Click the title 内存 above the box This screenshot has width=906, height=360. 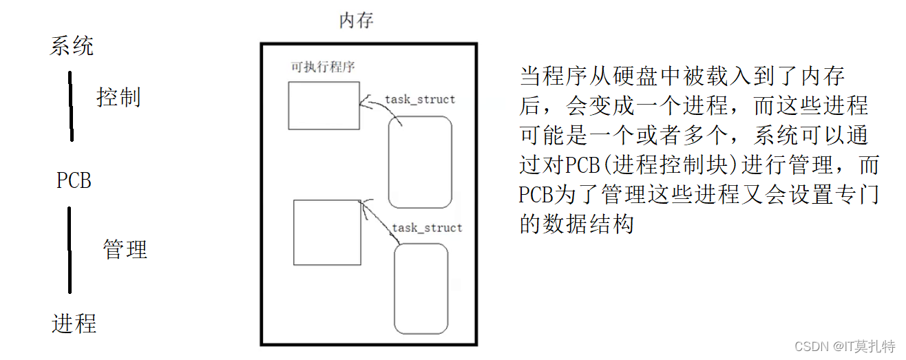(356, 21)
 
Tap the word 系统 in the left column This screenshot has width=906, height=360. (72, 46)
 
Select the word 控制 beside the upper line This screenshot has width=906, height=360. (118, 98)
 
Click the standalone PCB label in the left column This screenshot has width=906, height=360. (74, 181)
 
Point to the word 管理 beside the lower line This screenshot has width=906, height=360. (125, 248)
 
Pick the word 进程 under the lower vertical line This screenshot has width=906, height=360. (74, 323)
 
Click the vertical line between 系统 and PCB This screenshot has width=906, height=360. (70, 107)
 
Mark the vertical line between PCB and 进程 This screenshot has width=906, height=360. (70, 250)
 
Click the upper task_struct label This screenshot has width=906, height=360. (420, 99)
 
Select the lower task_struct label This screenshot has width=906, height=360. (427, 227)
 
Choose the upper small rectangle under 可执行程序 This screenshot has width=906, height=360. (324, 105)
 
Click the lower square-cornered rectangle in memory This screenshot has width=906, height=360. (327, 232)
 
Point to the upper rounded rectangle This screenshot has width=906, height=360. (420, 162)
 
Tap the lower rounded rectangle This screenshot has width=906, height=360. (421, 288)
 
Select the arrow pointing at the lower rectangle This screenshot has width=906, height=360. (379, 218)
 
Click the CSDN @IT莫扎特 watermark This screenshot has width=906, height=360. (844, 346)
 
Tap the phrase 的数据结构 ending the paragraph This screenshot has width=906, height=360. (576, 225)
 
